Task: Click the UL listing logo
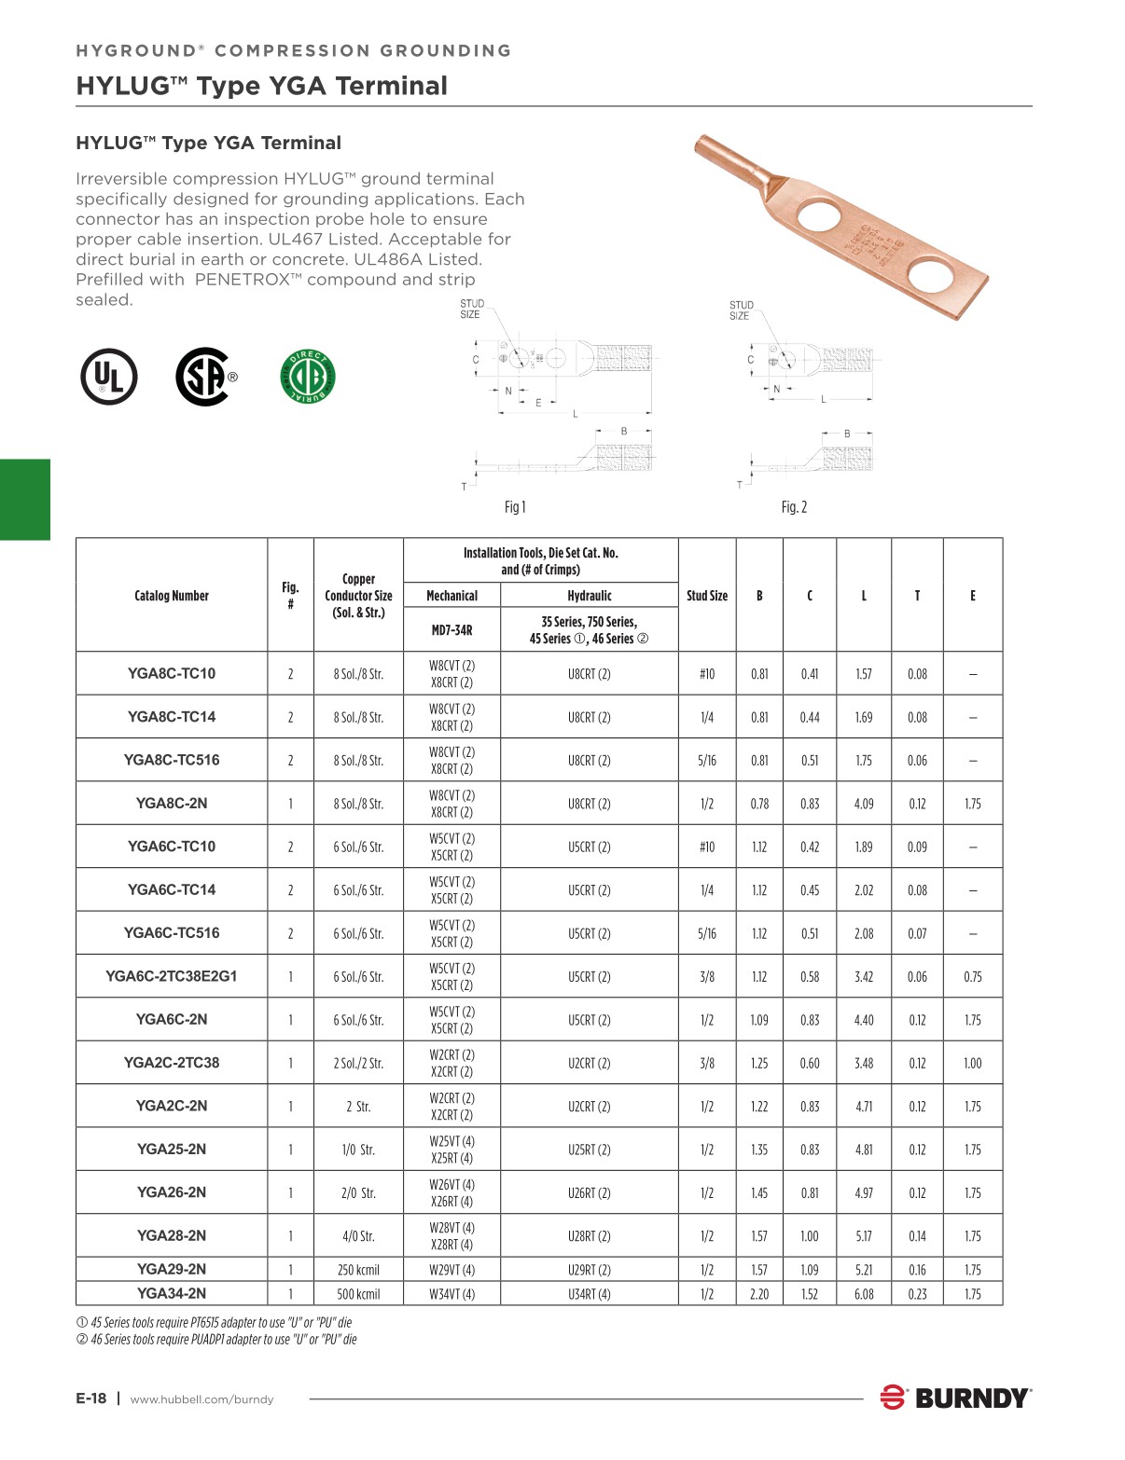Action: [109, 377]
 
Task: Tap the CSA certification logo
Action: [205, 377]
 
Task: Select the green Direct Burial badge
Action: [308, 377]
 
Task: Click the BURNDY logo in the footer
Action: [956, 1398]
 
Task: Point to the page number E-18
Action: [91, 1398]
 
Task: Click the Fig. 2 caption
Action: [794, 507]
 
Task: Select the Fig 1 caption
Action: [515, 507]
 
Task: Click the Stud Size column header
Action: [707, 596]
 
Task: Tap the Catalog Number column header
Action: [172, 596]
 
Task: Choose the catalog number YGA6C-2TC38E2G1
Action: [172, 976]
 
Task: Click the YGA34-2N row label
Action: [172, 1293]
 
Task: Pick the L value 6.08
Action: [864, 1294]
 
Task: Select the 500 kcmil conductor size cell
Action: [358, 1294]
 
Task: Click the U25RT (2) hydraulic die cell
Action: [590, 1150]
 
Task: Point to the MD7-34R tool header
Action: [451, 630]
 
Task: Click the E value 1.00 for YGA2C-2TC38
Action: [972, 1063]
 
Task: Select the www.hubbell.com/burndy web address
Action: [201, 1399]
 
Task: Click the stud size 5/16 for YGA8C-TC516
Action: [707, 761]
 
